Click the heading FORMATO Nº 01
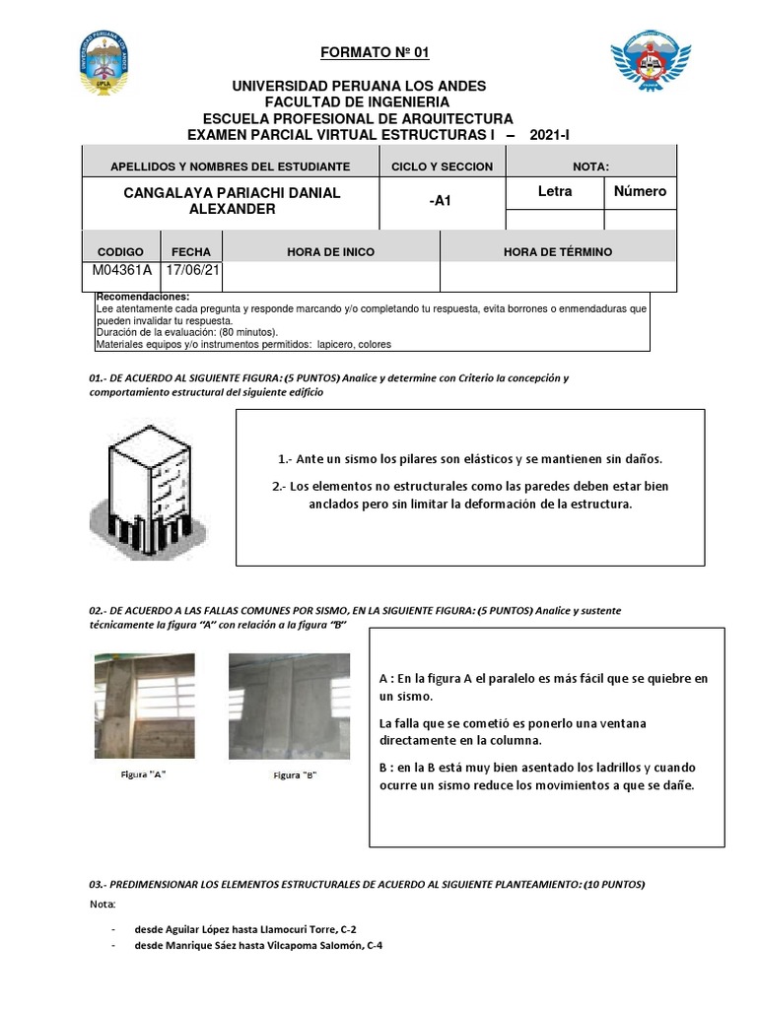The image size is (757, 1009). coord(375,52)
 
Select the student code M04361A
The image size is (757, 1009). coord(121,270)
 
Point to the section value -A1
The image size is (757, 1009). coord(440,201)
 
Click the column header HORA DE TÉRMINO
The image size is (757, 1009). coord(557,252)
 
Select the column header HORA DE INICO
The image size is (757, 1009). coord(330,252)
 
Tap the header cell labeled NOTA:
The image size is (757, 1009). coord(590,167)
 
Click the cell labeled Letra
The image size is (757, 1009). coord(554,191)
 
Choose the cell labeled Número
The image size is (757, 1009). coord(640,191)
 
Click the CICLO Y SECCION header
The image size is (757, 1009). coord(442,167)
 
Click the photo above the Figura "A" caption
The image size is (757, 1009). coord(143,706)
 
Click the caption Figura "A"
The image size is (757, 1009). coord(143,774)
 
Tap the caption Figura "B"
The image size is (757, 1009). coord(295,775)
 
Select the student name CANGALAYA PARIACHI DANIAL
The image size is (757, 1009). coord(232,192)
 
